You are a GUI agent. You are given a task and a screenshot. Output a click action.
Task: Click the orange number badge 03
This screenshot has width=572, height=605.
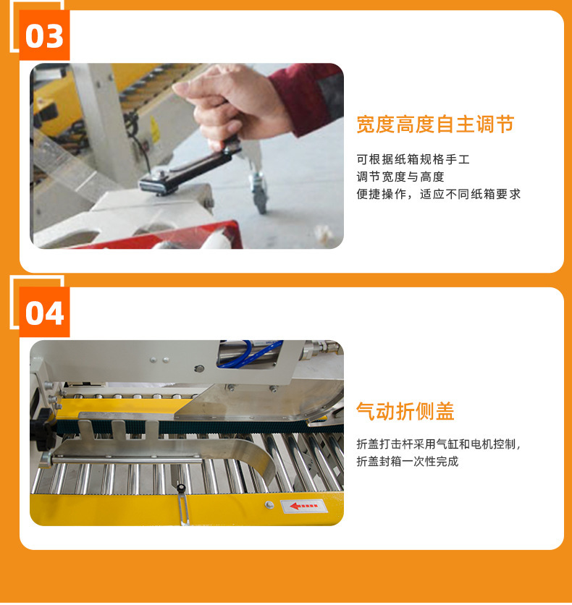(44, 35)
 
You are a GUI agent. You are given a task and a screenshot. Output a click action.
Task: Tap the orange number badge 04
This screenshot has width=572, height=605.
(44, 312)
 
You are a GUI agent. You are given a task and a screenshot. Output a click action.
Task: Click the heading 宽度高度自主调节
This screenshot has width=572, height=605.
(435, 124)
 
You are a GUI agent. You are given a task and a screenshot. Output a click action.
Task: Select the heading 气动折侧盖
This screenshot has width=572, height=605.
(405, 411)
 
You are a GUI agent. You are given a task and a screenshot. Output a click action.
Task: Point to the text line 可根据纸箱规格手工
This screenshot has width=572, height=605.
(413, 159)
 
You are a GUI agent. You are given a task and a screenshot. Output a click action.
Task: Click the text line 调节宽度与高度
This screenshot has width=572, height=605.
(400, 177)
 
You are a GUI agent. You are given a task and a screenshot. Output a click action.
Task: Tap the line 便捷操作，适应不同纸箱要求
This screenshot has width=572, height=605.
(439, 194)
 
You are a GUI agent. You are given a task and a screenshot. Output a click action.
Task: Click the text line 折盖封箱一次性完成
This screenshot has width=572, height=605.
(408, 462)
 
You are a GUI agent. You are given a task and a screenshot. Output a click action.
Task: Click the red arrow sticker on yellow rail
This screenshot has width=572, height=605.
(304, 506)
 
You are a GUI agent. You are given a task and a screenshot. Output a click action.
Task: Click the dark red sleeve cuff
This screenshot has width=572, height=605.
(305, 98)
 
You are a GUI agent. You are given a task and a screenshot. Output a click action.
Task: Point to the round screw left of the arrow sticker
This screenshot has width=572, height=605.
(269, 504)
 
